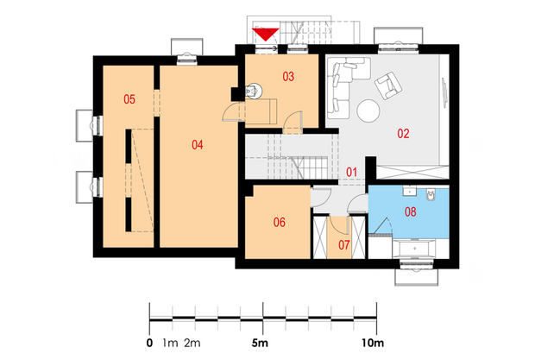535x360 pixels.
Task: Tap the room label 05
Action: point(129,99)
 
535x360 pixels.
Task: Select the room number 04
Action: point(198,145)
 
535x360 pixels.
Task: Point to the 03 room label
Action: point(288,77)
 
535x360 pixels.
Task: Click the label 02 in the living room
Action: point(403,134)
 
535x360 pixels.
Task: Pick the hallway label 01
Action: point(351,172)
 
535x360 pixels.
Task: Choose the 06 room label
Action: point(279,223)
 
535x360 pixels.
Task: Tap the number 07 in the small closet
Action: point(344,244)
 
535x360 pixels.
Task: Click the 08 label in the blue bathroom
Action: point(410,212)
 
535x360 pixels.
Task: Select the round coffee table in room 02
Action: point(368,111)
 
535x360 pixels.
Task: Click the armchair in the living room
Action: point(388,85)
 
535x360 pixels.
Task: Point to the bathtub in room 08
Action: point(414,249)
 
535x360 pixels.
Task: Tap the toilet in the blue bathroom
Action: point(431,195)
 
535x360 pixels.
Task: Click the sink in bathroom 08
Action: point(409,191)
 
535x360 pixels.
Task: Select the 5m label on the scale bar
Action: point(260,343)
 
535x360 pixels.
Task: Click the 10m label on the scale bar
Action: point(373,343)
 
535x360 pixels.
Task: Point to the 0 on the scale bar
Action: point(149,343)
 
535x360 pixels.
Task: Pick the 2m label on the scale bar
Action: point(192,343)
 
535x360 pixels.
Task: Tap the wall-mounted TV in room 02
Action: point(444,93)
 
